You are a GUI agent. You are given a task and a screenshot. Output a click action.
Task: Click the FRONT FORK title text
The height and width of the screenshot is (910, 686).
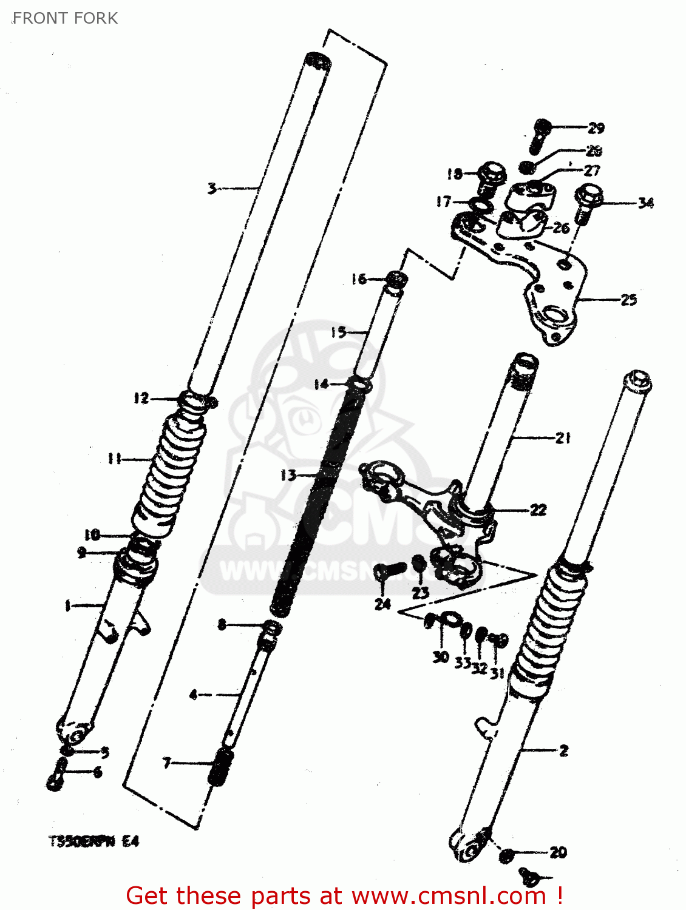(65, 18)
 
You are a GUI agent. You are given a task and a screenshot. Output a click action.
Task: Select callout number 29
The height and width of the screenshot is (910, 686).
(596, 128)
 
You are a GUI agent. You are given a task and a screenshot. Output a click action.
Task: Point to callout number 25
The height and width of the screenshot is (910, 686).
(628, 300)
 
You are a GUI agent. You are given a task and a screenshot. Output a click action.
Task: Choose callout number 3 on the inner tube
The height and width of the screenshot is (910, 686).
(211, 188)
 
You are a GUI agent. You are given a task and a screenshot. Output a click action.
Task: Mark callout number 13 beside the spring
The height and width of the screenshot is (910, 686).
(288, 475)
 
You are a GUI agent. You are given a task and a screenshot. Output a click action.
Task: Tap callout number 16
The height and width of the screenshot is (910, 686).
(359, 279)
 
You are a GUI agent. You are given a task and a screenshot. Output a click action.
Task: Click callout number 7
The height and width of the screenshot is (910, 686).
(167, 763)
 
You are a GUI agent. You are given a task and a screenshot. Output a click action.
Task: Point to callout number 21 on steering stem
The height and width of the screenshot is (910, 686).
(563, 437)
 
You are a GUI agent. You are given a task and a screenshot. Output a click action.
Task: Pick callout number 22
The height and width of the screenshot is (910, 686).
(538, 510)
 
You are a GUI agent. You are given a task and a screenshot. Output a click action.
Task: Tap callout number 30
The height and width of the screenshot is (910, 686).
(441, 657)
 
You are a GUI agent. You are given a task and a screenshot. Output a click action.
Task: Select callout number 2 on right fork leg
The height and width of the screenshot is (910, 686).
(563, 750)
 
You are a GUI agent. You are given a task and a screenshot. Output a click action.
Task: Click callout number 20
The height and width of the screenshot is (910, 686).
(558, 852)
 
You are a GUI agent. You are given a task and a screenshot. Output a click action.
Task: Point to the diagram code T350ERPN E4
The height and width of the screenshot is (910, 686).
(94, 841)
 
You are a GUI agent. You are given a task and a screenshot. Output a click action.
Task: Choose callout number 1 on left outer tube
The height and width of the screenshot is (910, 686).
(68, 605)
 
